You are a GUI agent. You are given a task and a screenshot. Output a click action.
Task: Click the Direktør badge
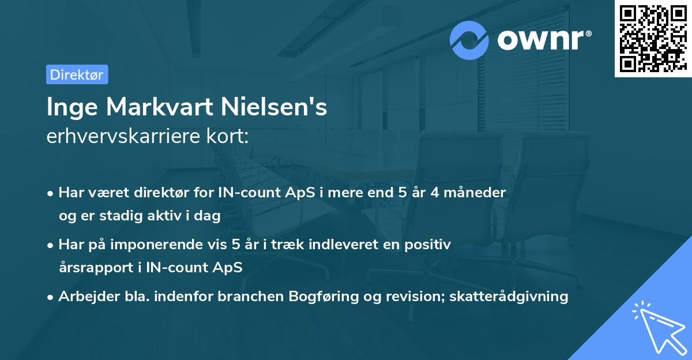click(x=77, y=74)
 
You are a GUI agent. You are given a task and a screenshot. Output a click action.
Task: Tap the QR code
click(x=652, y=38)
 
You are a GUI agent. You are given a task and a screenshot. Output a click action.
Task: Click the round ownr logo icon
click(x=469, y=40)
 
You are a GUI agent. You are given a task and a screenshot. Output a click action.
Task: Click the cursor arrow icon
click(x=657, y=327)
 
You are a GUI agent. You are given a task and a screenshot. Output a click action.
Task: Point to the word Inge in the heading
click(x=68, y=108)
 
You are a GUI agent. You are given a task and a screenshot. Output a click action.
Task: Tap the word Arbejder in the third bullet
click(x=84, y=297)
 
